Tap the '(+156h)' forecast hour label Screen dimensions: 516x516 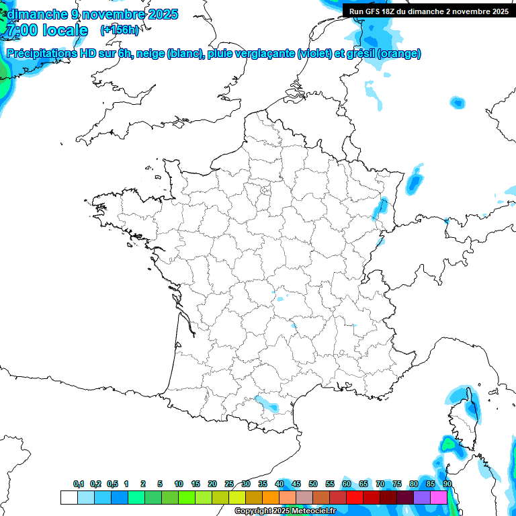tap(119, 30)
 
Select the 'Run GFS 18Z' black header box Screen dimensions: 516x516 tap(429, 11)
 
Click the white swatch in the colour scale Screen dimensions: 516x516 tap(69, 498)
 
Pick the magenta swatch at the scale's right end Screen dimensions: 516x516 tap(439, 498)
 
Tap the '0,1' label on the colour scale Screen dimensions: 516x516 tap(79, 484)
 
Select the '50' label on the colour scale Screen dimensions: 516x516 tap(313, 484)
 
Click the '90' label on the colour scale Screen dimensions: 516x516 tap(447, 484)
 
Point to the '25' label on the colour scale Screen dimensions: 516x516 tap(229, 484)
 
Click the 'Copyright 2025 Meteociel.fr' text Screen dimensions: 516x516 tap(285, 511)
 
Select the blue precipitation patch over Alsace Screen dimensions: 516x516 tap(380, 208)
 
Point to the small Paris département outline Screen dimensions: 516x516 tap(265, 191)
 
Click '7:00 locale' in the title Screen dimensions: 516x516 tap(46, 30)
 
